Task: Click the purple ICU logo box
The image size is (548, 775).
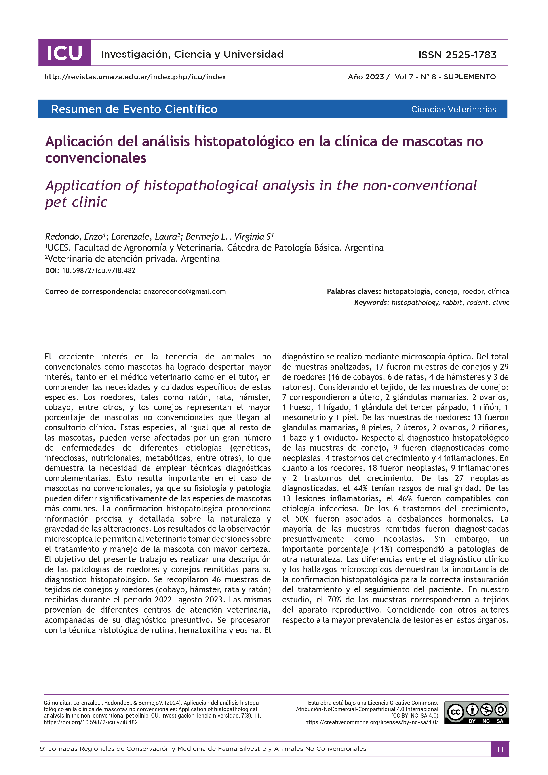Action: click(65, 53)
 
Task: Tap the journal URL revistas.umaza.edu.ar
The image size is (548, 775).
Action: click(135, 77)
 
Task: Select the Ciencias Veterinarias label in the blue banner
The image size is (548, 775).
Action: click(453, 109)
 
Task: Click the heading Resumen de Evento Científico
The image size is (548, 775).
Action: click(134, 109)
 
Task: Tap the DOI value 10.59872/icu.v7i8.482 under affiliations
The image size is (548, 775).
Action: click(98, 270)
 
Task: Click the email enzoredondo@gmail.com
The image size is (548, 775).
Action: click(184, 291)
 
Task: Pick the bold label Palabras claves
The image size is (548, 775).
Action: click(354, 291)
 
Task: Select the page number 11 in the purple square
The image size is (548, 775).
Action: click(500, 749)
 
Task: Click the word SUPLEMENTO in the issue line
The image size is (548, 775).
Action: click(469, 77)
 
